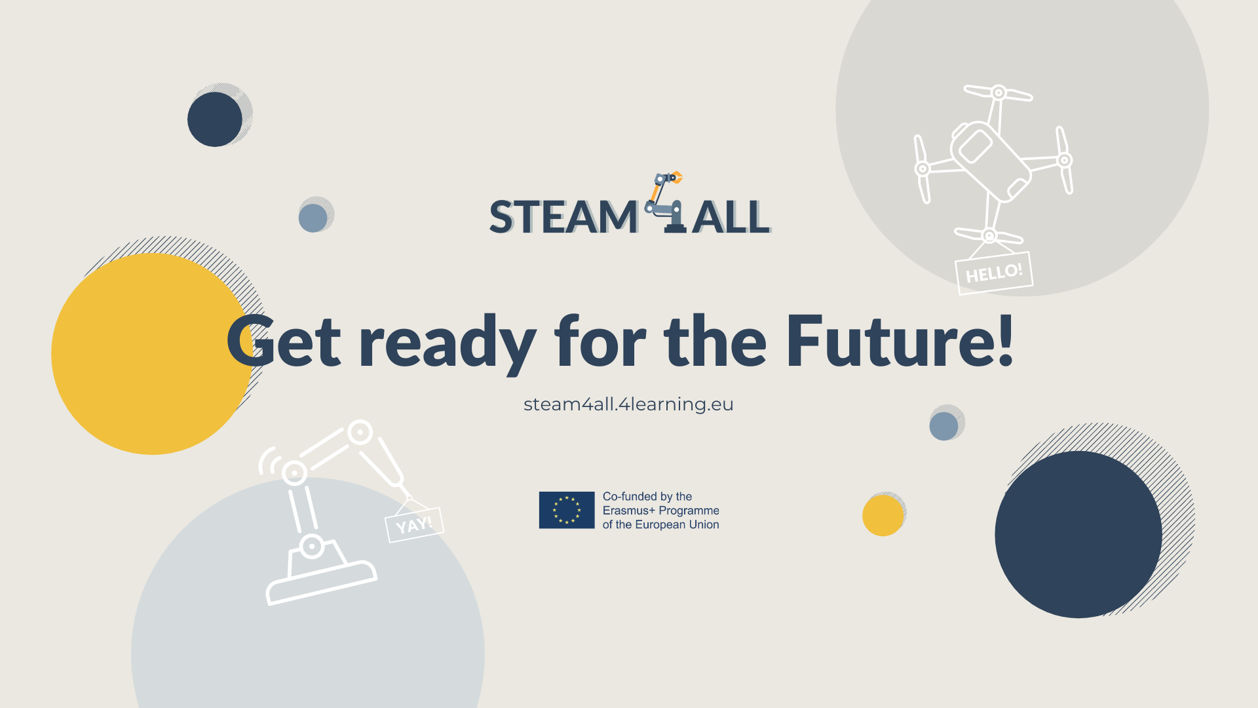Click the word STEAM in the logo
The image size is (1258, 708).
563,217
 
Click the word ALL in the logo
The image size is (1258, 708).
731,217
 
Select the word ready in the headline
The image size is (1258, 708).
447,344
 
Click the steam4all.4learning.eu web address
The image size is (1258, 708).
628,404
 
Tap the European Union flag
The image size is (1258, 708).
567,510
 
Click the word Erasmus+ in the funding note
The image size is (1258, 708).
629,511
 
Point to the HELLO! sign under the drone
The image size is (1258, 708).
994,273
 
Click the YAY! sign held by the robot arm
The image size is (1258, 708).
414,525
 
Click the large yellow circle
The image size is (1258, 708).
152,354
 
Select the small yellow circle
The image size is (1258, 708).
883,515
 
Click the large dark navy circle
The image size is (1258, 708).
1078,534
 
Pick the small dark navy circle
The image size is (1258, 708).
215,119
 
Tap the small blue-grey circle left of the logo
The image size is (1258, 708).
313,218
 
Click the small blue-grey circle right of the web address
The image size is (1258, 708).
943,426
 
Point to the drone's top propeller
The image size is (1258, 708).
999,93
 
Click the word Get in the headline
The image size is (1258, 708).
284,341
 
